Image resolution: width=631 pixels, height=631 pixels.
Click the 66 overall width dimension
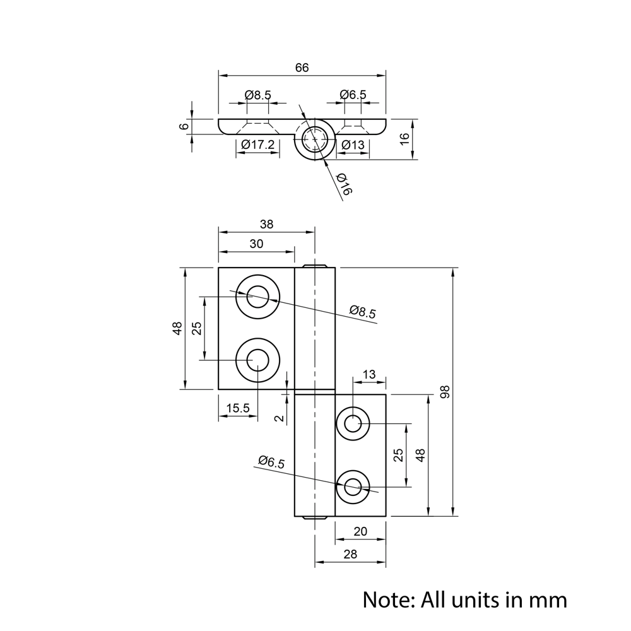coord(302,68)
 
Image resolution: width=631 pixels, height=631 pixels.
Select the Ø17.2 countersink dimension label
coord(258,145)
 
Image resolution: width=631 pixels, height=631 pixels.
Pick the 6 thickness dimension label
coord(184,126)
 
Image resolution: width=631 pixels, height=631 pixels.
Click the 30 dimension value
coord(256,244)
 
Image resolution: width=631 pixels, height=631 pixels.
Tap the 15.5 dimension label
coord(238,408)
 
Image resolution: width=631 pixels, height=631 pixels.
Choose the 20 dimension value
coord(360,531)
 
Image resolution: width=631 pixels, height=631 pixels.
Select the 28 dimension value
coord(350,554)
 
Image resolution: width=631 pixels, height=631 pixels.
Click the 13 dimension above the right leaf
coord(369,375)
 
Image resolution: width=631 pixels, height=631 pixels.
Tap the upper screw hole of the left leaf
coord(257,296)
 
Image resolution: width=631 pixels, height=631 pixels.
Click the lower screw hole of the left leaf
coord(257,360)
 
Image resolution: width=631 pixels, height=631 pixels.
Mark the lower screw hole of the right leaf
coord(353,487)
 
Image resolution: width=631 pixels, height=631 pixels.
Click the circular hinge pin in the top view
coord(314,138)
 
